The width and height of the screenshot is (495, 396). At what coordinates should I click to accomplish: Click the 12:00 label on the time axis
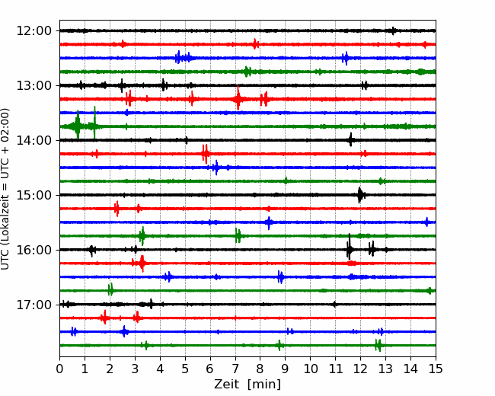coord(34,31)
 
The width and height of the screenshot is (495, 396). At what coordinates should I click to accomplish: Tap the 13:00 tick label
coord(34,85)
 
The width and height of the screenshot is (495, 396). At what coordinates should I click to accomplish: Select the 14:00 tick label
coord(34,140)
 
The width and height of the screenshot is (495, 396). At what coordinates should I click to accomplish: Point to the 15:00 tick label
coord(34,195)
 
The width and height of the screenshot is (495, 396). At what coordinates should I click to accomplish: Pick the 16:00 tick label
coord(34,250)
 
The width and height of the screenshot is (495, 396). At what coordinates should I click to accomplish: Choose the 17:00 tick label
coord(34,305)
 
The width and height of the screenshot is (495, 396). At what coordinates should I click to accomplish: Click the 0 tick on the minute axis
coord(59,369)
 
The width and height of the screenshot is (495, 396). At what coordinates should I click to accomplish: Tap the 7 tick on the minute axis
coord(235,369)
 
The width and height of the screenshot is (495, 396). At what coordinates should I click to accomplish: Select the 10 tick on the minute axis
coord(310,369)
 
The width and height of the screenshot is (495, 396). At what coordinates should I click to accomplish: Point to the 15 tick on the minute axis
coord(436,369)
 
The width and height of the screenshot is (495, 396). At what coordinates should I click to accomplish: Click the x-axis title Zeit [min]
coord(247,385)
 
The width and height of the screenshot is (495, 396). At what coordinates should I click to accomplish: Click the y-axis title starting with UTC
coord(5,189)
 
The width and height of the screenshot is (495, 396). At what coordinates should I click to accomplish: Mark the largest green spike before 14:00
coord(78,124)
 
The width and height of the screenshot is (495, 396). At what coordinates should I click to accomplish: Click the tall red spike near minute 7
coord(238,98)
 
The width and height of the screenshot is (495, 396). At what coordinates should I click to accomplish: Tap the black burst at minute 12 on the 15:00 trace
coord(360,195)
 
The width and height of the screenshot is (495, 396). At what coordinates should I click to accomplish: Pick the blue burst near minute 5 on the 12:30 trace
coord(183,57)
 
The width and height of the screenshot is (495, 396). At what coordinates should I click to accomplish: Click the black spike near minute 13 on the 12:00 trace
coord(394,30)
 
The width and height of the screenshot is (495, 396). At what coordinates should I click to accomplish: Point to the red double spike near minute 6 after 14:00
coord(205,154)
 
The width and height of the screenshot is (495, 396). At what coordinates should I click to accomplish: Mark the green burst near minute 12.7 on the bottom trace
coord(378,345)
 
